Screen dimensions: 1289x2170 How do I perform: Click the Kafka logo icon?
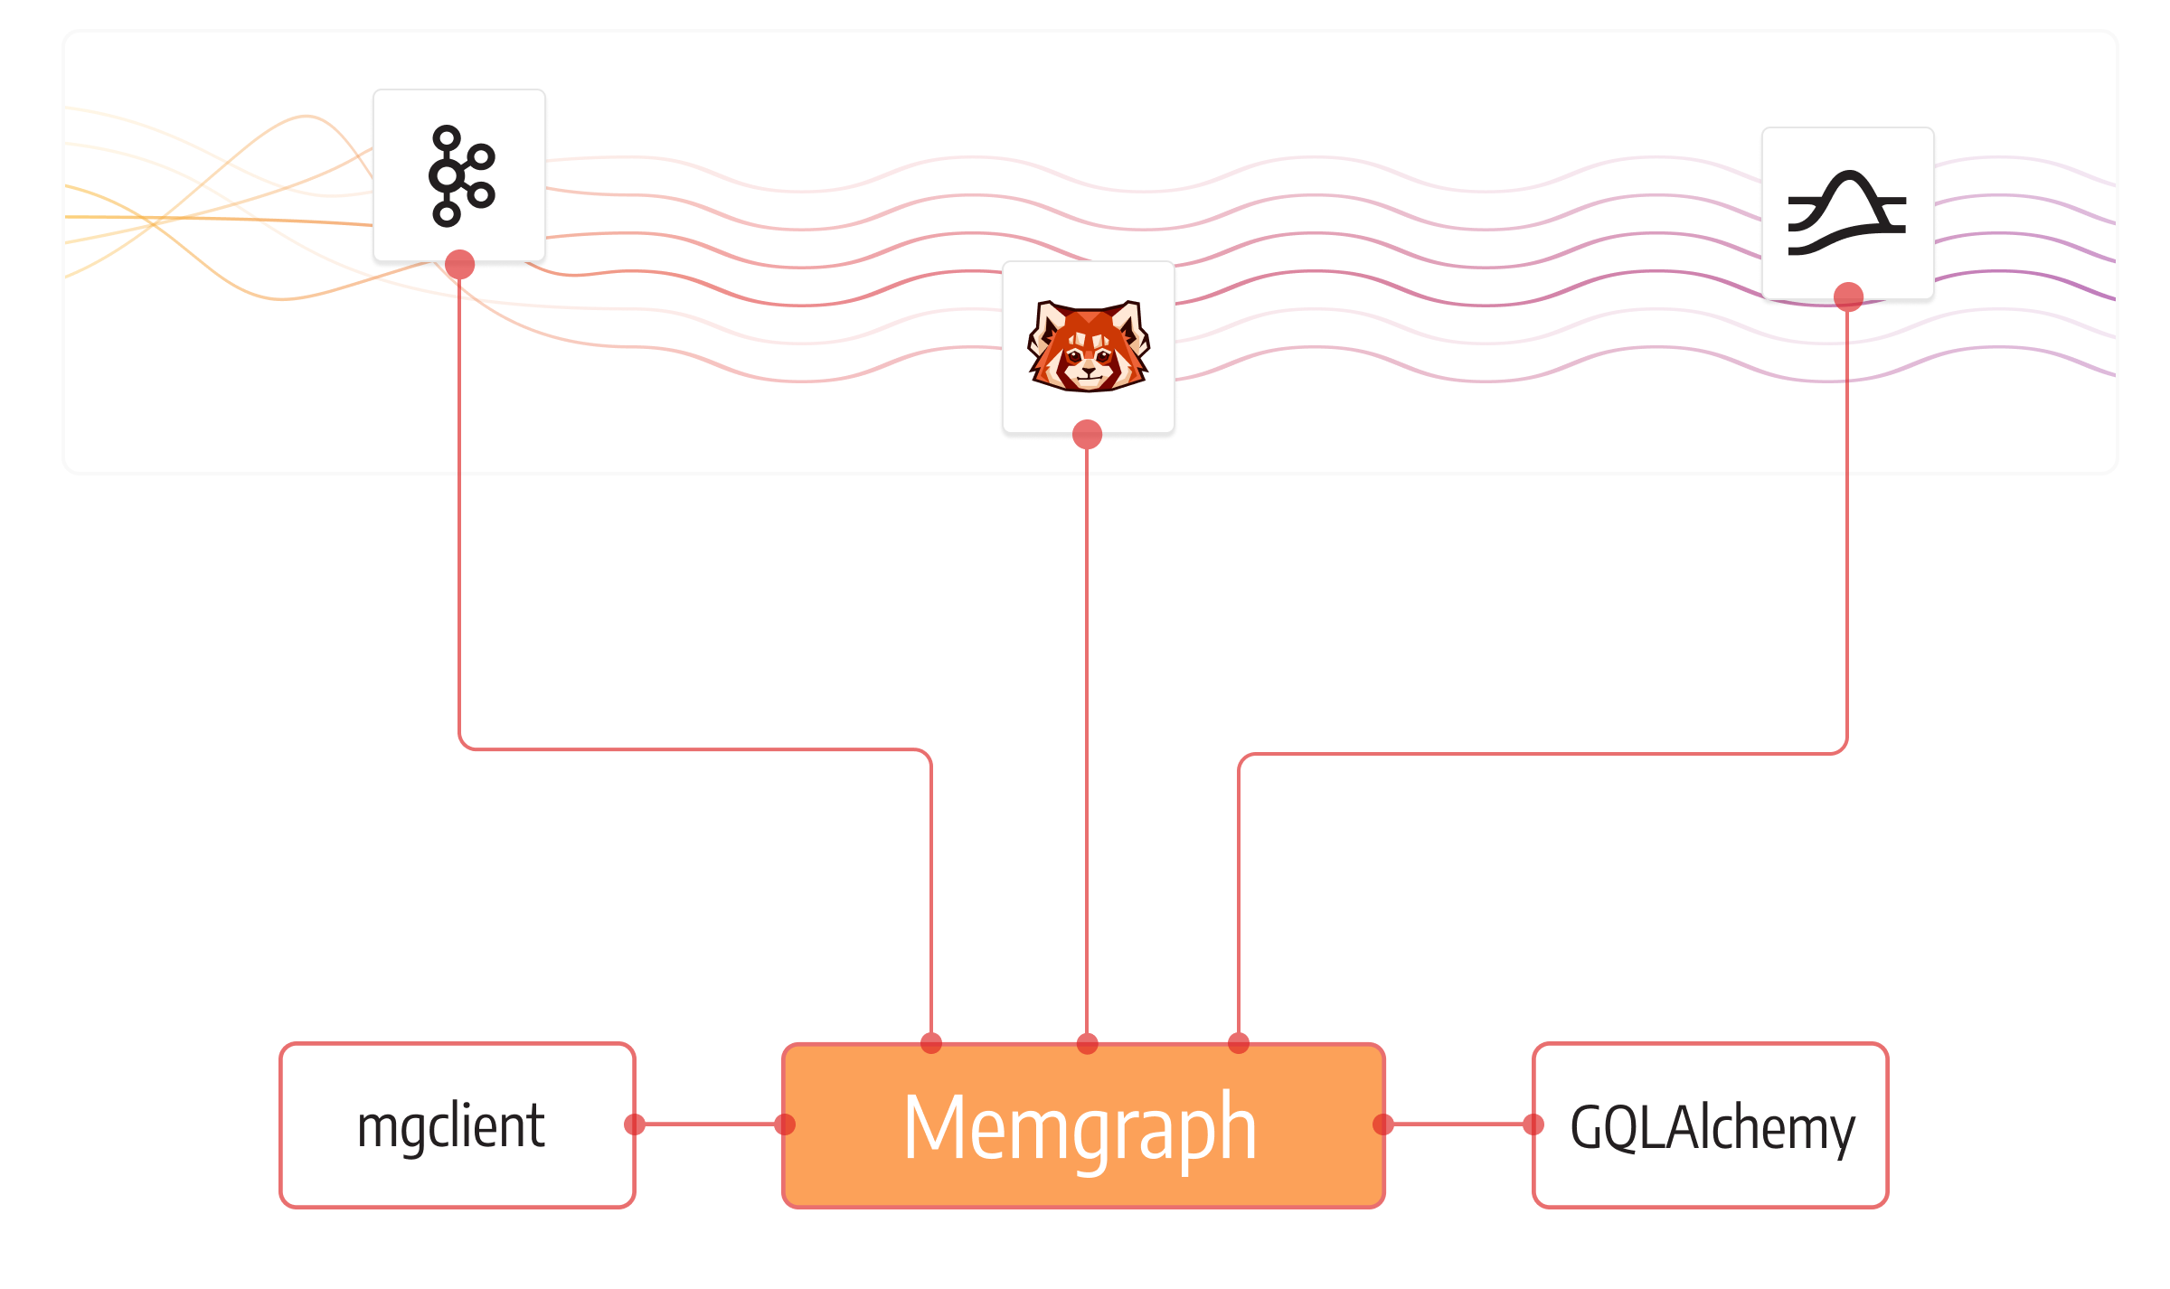(x=460, y=176)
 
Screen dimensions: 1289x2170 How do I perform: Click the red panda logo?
(x=1088, y=346)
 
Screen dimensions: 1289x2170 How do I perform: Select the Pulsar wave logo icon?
(x=1847, y=213)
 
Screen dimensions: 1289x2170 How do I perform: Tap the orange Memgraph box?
(x=1082, y=1125)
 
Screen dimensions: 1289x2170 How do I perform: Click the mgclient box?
(x=457, y=1125)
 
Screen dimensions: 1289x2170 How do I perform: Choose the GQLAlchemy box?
(x=1710, y=1125)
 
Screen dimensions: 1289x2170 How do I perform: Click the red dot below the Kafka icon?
(x=459, y=265)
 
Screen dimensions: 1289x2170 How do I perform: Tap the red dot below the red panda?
(x=1087, y=435)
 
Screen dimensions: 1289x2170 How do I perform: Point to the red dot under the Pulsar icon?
(x=1848, y=296)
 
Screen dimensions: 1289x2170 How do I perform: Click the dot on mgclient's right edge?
(x=635, y=1124)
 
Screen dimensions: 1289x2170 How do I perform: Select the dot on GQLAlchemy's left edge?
(x=1533, y=1124)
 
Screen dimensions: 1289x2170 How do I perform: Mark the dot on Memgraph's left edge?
(x=785, y=1124)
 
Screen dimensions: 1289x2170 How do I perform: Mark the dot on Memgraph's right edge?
(x=1383, y=1124)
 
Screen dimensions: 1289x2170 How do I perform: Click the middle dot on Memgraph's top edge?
(x=1087, y=1044)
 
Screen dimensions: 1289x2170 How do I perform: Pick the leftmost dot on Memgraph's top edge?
(x=931, y=1044)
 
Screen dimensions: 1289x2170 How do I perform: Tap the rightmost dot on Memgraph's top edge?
(x=1239, y=1044)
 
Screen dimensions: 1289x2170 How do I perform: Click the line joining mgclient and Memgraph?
(x=710, y=1124)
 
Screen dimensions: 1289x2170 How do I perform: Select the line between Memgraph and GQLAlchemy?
(x=1458, y=1124)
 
